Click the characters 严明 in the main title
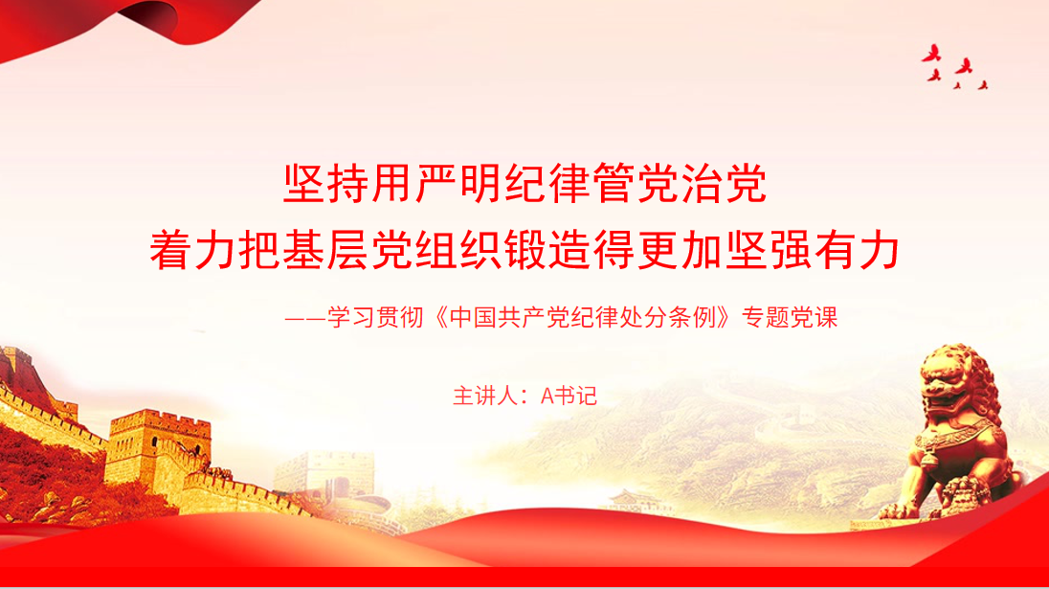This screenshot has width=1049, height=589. pyautogui.click(x=460, y=183)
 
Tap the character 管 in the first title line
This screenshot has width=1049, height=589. pyautogui.click(x=614, y=183)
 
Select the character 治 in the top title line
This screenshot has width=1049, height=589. pyautogui.click(x=703, y=183)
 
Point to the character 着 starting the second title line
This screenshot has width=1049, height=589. pyautogui.click(x=171, y=250)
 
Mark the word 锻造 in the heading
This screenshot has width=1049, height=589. pyautogui.click(x=547, y=250)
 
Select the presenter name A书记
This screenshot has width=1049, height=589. pyautogui.click(x=569, y=396)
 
